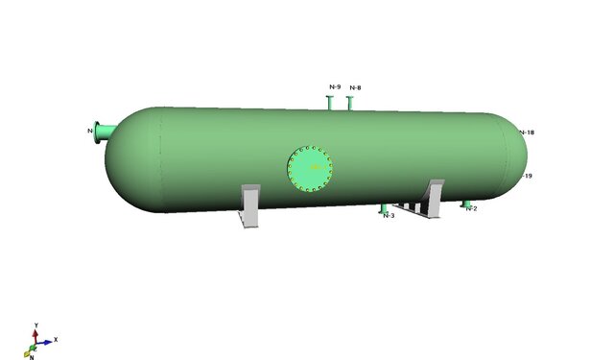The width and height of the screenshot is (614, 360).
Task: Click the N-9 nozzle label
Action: pyautogui.click(x=335, y=87)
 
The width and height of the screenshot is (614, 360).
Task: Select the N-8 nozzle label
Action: pyautogui.click(x=355, y=88)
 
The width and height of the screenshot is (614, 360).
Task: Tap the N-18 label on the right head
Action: pyautogui.click(x=526, y=132)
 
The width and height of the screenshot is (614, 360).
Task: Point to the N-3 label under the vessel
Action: pyautogui.click(x=389, y=216)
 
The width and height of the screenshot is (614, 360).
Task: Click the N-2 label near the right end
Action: pyautogui.click(x=471, y=208)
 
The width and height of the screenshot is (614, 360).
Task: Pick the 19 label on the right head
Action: pyautogui.click(x=528, y=177)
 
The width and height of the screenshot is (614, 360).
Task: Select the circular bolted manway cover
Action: pyautogui.click(x=311, y=169)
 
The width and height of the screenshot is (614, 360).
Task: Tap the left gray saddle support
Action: pyautogui.click(x=249, y=206)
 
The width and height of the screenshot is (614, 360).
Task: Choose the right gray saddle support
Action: pyautogui.click(x=432, y=199)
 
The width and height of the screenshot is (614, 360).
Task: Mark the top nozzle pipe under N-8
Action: pyautogui.click(x=352, y=101)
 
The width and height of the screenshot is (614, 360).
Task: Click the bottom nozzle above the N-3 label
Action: pyautogui.click(x=385, y=207)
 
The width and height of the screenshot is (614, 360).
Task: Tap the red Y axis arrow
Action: pyautogui.click(x=35, y=332)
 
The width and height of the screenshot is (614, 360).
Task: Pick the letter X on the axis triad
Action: pyautogui.click(x=56, y=339)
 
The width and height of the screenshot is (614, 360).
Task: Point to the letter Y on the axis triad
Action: pyautogui.click(x=35, y=324)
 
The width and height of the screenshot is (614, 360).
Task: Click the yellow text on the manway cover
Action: pyautogui.click(x=314, y=168)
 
